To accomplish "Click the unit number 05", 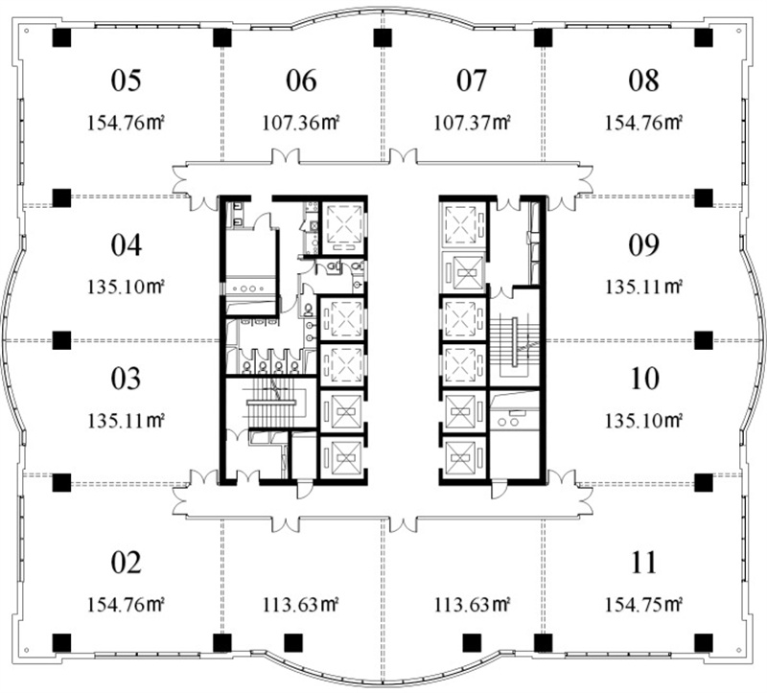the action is [x=127, y=81].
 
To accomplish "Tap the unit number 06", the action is [x=301, y=81].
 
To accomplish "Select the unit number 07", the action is [x=472, y=81].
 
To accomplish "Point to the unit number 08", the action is [x=643, y=81].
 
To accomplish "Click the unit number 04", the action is [x=127, y=245].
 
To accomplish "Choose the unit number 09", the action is [x=643, y=245].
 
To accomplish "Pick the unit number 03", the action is [x=127, y=379].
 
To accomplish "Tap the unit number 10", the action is [x=644, y=379].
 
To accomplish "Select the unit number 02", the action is [x=127, y=563].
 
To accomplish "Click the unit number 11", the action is [x=643, y=563].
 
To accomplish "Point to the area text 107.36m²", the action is [x=301, y=123].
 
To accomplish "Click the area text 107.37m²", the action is [x=472, y=123].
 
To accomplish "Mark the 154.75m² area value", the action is [x=643, y=606].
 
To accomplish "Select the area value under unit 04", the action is [x=126, y=287].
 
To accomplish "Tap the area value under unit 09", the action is [x=643, y=287].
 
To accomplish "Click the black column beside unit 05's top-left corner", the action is [x=61, y=37].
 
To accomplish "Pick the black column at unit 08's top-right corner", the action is [x=704, y=37].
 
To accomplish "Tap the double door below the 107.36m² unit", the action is [x=286, y=155].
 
